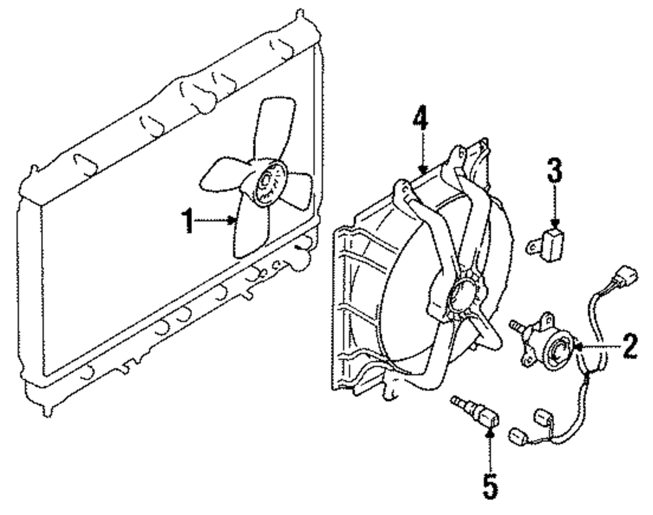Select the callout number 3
click(x=554, y=173)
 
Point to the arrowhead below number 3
click(x=554, y=224)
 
